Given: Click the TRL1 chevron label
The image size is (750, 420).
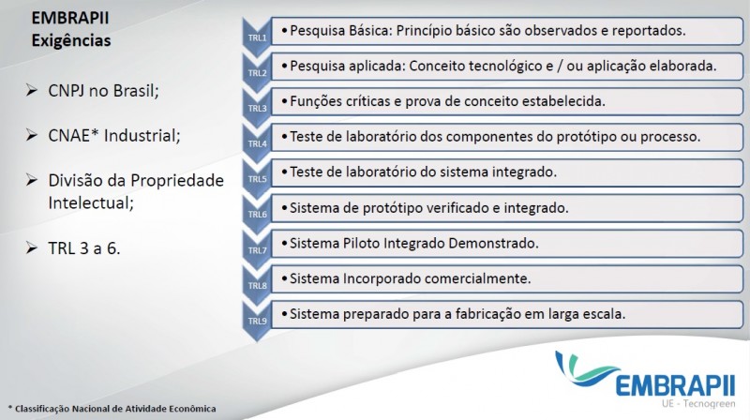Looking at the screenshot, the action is point(257,37).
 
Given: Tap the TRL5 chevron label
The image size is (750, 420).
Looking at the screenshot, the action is point(257,179).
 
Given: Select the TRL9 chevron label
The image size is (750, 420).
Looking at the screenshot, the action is point(257,321).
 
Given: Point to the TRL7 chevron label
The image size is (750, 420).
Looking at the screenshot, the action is point(257,250).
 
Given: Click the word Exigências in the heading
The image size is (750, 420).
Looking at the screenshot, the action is point(71,41).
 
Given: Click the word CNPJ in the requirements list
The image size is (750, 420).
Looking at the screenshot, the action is point(67,90).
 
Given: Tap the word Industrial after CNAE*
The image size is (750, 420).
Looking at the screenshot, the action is point(142,135).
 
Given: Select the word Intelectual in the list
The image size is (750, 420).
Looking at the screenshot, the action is point(91,202).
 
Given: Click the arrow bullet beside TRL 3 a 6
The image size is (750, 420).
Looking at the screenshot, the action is point(32,247).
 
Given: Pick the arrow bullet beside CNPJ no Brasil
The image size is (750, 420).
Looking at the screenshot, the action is point(32,90).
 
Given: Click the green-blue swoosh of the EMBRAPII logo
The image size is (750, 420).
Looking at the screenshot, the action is point(586,368).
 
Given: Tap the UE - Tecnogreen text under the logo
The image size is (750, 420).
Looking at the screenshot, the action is point(698,404).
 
